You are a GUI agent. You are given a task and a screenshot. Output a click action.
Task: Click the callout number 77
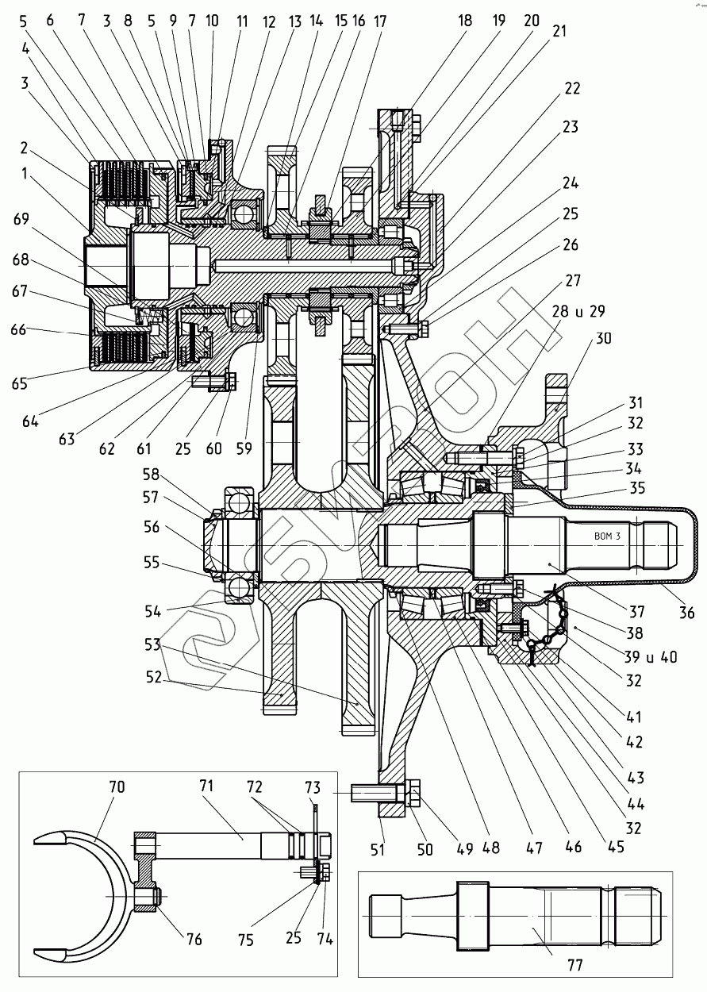575,964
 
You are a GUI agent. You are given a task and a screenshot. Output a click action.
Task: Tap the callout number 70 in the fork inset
117,787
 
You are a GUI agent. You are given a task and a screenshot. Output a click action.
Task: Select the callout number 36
686,613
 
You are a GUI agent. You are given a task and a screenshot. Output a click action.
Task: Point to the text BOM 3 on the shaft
607,536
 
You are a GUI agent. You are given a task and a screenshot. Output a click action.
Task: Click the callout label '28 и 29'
578,311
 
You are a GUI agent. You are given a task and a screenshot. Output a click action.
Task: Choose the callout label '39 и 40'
651,657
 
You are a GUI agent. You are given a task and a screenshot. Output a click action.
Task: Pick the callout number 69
21,219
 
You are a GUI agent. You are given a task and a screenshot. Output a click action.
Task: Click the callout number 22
572,88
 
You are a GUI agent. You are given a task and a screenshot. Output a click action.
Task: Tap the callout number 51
377,849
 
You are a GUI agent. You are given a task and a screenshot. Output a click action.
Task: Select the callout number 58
151,475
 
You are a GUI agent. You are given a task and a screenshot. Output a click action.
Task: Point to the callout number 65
20,383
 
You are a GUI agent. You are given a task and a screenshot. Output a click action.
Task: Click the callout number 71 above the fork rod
206,786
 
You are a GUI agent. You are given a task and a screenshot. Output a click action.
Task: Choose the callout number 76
194,940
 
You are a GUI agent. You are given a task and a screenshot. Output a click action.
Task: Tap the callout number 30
603,338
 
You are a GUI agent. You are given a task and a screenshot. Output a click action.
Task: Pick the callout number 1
25,174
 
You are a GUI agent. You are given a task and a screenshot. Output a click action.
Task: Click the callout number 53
152,644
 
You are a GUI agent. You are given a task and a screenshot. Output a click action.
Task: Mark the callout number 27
573,280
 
